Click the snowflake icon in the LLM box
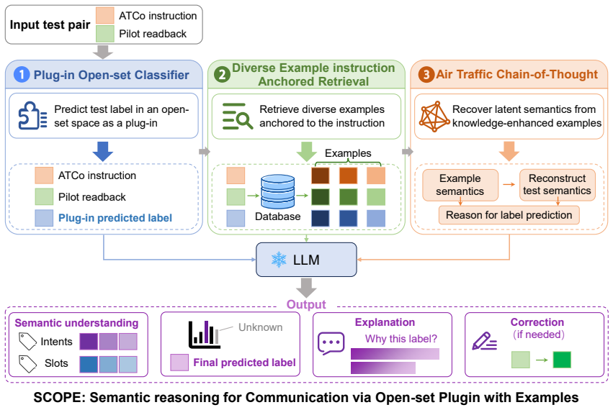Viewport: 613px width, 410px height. coord(279,260)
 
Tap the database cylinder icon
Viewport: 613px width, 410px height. coord(277,191)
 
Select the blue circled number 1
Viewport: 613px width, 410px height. coord(22,74)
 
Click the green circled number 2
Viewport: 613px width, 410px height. coord(222,74)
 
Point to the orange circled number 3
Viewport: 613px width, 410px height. coord(426,74)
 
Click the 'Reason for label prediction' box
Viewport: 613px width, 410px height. coord(509,215)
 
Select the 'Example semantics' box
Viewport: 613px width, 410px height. coord(460,185)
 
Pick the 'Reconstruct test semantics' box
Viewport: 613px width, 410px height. coord(557,185)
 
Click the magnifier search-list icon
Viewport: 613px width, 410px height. coord(237,116)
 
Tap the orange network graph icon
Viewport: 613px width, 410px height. coord(434,117)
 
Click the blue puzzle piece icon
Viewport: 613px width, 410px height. coord(33,116)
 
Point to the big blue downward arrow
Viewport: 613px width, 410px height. coord(103,152)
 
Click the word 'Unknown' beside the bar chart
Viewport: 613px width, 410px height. coord(260,327)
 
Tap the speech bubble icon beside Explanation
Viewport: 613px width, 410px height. coord(331,343)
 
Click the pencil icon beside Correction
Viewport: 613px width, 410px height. coord(484,341)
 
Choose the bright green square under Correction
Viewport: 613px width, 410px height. coord(562,360)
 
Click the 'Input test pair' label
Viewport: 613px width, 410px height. coord(50,24)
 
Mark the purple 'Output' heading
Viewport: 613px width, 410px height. coord(306,304)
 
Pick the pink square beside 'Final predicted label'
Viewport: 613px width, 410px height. coord(179,363)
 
